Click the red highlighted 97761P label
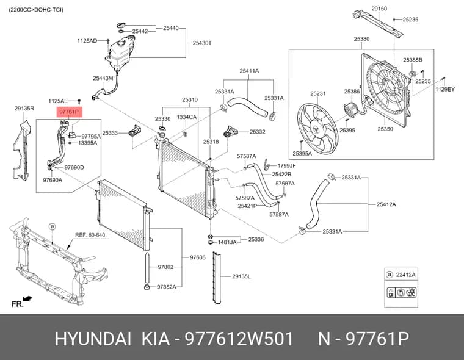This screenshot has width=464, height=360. pyautogui.click(x=69, y=112)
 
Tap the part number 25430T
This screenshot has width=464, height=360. pyautogui.click(x=202, y=43)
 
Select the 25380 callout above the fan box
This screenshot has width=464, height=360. pyautogui.click(x=361, y=39)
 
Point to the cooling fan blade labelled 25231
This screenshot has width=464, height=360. pyautogui.click(x=317, y=128)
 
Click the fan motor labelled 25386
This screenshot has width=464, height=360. pyautogui.click(x=351, y=109)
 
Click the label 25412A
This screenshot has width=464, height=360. pyautogui.click(x=386, y=204)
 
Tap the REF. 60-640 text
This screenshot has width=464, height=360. pyautogui.click(x=90, y=235)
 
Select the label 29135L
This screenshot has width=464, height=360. pyautogui.click(x=242, y=276)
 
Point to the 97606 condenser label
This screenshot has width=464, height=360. pyautogui.click(x=197, y=257)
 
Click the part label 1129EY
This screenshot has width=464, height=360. pyautogui.click(x=444, y=89)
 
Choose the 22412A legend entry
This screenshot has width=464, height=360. pyautogui.click(x=406, y=275)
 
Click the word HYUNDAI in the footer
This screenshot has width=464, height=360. pyautogui.click(x=93, y=339)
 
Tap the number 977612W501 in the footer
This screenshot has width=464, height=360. pyautogui.click(x=239, y=339)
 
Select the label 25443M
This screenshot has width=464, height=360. pyautogui.click(x=103, y=78)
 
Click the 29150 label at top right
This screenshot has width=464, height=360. pyautogui.click(x=379, y=9)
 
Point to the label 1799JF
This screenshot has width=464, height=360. pyautogui.click(x=286, y=165)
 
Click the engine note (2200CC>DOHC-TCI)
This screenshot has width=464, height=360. pyautogui.click(x=36, y=10)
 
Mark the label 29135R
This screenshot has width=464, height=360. pyautogui.click(x=24, y=109)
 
